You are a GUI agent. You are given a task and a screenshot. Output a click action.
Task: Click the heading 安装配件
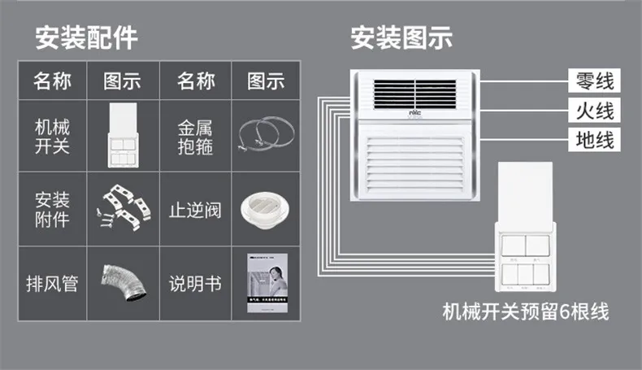[85, 37]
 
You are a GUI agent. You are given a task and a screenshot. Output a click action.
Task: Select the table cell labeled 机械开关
[52, 137]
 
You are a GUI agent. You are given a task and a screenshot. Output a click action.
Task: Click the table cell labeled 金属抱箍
[195, 137]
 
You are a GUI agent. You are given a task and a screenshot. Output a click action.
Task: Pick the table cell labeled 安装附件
[52, 209]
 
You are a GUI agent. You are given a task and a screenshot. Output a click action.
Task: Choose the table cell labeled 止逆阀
[195, 209]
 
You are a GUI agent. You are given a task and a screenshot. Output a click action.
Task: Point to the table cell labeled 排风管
[52, 285]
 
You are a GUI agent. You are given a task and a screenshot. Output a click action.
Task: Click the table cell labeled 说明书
[195, 285]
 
